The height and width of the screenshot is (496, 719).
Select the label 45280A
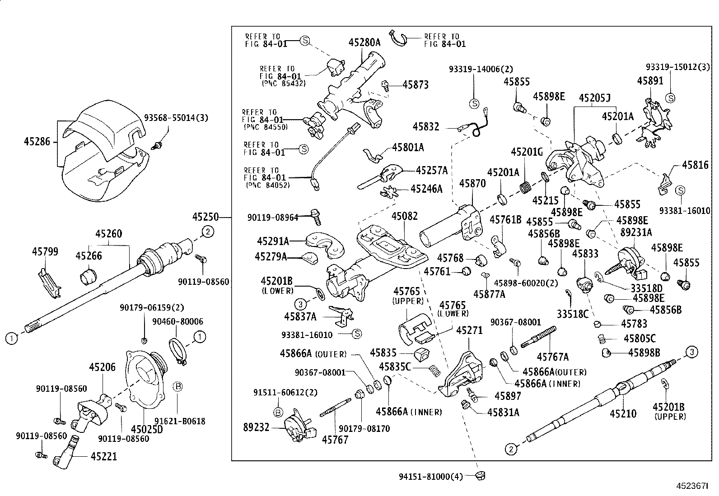[x=364, y=42]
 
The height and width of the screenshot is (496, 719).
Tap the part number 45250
[x=205, y=217]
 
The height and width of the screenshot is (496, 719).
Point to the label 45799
[x=45, y=251]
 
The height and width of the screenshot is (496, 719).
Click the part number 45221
[x=103, y=457]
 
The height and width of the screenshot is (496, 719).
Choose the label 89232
[x=256, y=427]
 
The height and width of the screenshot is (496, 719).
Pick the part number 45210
[x=623, y=413]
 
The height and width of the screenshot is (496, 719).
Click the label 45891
[x=650, y=80]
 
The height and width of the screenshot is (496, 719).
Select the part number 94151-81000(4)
[x=431, y=476]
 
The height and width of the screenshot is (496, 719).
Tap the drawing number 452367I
[x=691, y=486]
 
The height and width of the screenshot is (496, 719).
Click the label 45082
[x=404, y=216]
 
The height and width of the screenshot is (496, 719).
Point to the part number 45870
[x=472, y=183]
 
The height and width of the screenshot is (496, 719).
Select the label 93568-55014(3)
[x=176, y=118]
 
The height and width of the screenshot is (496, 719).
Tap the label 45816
[x=695, y=165]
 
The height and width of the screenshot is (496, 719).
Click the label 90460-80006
[x=177, y=321]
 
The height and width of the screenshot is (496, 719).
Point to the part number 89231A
[x=636, y=232]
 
